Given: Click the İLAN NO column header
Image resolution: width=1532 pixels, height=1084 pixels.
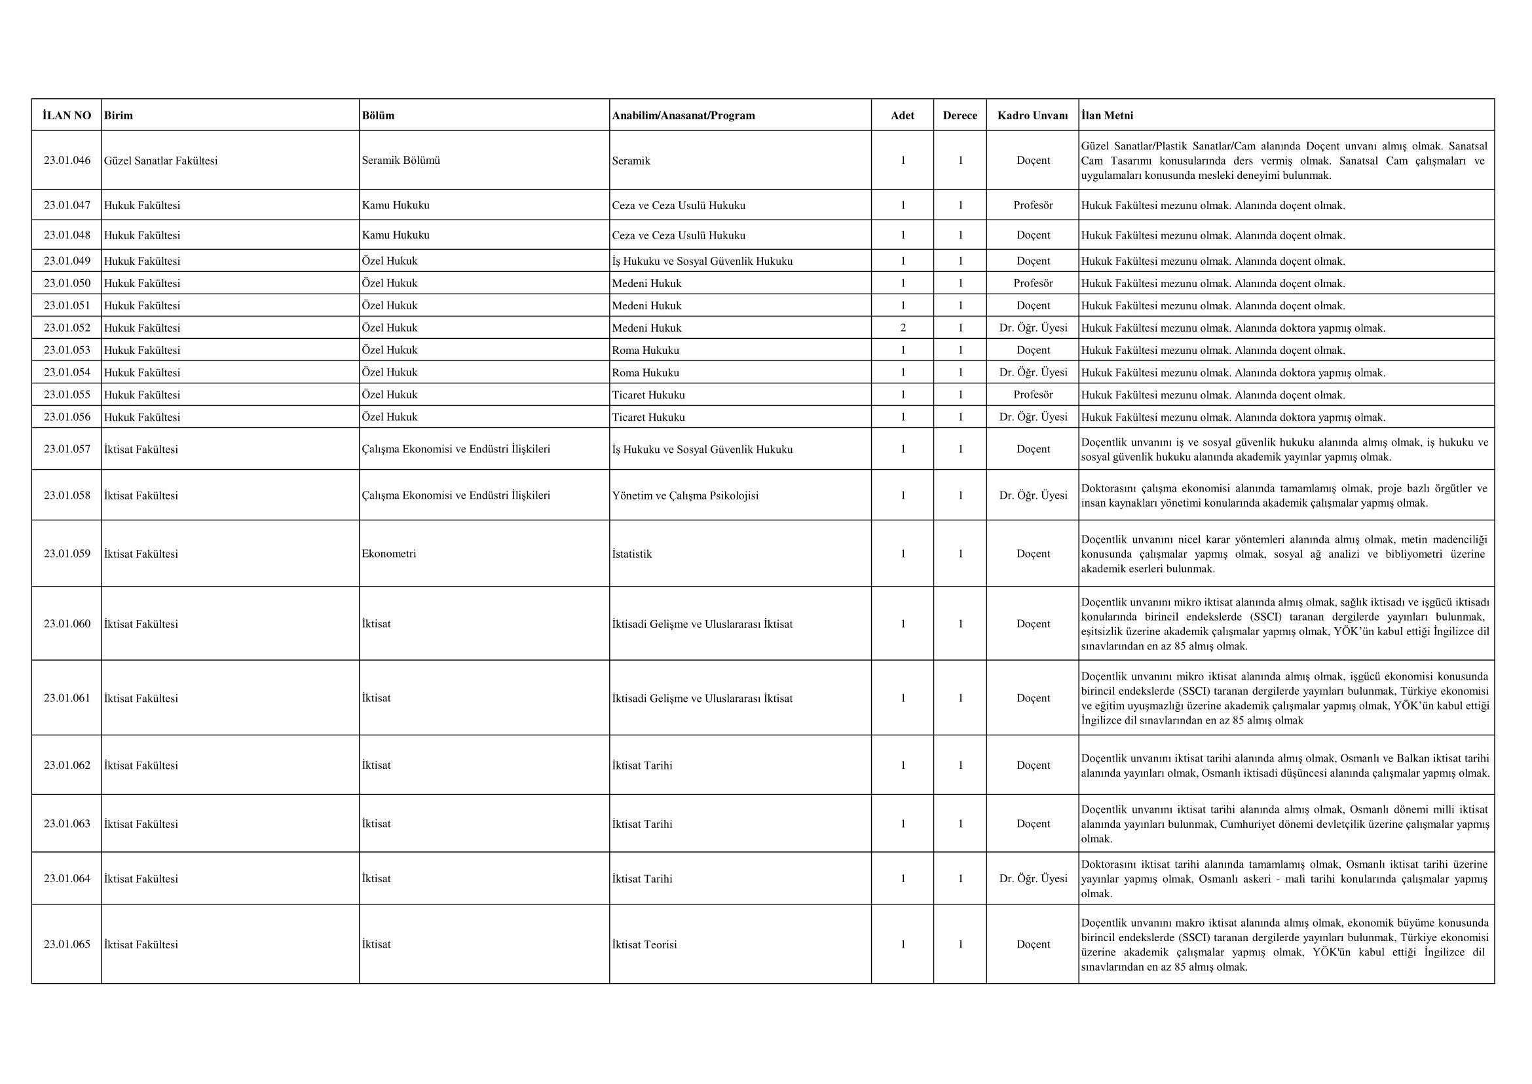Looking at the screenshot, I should click(x=67, y=115).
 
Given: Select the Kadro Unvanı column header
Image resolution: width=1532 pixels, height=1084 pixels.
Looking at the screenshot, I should click(x=1032, y=115).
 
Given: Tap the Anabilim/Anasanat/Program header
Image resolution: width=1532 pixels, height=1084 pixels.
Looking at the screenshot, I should click(x=683, y=115).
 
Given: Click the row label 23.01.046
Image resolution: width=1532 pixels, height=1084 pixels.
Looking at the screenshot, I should click(x=67, y=160).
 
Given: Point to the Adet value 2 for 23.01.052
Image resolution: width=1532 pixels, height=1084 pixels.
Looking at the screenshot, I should click(x=903, y=328).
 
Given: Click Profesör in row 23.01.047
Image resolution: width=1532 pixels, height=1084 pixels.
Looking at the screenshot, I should click(x=1033, y=205).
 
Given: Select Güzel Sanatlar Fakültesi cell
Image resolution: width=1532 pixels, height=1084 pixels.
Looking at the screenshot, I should click(x=161, y=160).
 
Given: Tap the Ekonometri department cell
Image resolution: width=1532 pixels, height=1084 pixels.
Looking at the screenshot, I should click(x=389, y=553).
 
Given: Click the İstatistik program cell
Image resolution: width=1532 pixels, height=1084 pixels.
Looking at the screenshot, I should click(x=632, y=553).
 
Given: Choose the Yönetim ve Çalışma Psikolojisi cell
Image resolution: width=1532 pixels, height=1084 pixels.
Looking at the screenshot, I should click(x=685, y=495).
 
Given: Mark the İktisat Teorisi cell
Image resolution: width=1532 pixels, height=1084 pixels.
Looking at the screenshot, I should click(x=645, y=944).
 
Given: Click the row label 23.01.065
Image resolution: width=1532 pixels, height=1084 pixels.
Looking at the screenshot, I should click(x=67, y=944).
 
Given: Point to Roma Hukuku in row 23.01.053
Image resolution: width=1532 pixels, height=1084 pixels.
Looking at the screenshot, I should click(x=645, y=350).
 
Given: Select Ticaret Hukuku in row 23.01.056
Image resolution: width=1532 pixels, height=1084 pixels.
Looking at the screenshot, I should click(x=648, y=417).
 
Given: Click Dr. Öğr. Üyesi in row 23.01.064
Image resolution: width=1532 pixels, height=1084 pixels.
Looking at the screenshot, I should click(x=1033, y=878).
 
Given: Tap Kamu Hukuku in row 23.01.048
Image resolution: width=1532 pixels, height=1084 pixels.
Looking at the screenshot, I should click(x=396, y=235).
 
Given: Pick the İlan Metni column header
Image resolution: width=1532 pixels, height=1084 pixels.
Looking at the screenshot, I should click(x=1107, y=115).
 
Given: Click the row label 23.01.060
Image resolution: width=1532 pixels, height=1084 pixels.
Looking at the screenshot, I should click(x=67, y=623).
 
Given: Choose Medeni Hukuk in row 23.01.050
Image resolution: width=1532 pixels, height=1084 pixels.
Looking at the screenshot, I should click(x=646, y=283).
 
